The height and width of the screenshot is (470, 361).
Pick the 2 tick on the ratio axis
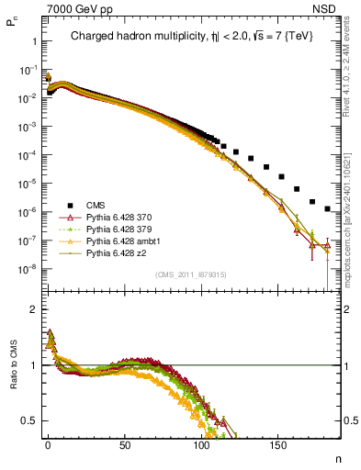34,308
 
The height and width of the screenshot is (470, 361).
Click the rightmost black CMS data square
328,209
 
